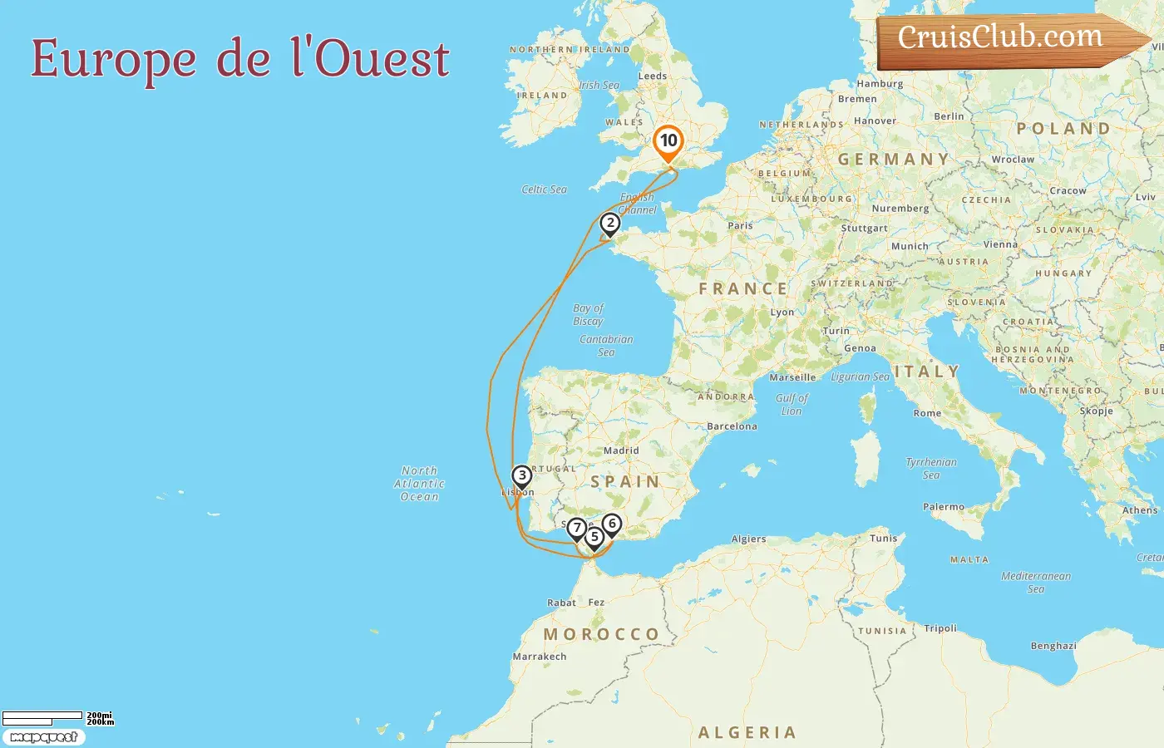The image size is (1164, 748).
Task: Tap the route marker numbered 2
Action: (610, 224)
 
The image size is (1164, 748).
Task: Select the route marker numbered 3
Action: (521, 476)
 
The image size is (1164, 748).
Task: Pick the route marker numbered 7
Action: (576, 529)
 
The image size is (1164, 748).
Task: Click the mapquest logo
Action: (44, 737)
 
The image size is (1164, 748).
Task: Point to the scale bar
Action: (42, 716)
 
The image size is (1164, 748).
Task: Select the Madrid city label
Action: (621, 450)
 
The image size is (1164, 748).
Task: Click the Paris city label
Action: (740, 225)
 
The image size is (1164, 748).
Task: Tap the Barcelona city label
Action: (732, 426)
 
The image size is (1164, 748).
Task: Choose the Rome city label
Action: (927, 413)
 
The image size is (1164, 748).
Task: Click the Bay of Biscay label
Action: (588, 314)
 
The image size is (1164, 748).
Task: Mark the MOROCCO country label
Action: (601, 634)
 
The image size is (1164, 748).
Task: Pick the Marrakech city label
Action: (540, 657)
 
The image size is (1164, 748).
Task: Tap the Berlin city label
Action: (949, 116)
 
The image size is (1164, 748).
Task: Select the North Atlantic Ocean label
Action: (419, 484)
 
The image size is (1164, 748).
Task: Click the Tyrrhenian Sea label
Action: (931, 469)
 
